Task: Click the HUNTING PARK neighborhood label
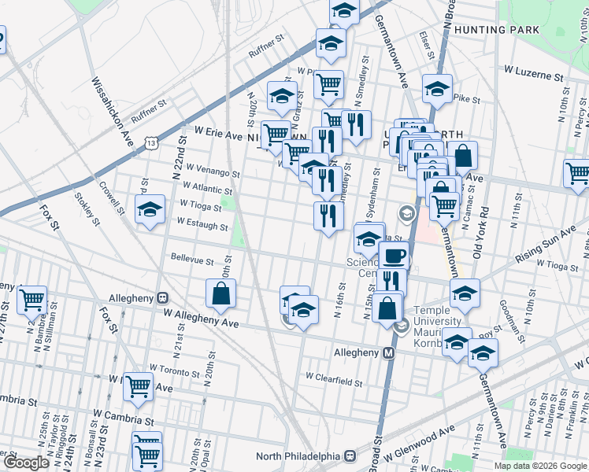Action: [502, 30]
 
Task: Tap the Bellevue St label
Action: [192, 260]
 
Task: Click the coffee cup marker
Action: [394, 256]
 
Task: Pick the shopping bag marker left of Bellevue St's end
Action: [220, 293]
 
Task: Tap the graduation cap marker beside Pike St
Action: [436, 90]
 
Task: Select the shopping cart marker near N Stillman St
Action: [31, 299]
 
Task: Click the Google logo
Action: [26, 463]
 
